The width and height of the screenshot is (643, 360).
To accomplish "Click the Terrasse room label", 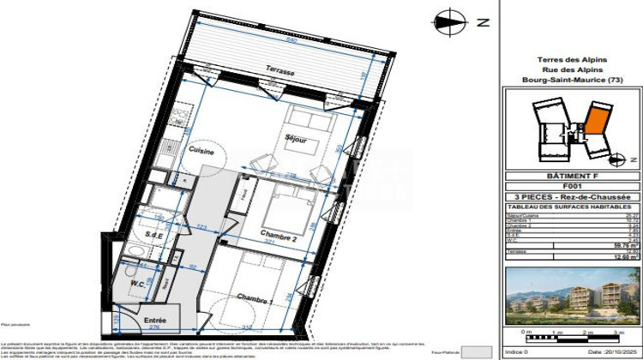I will point(281,74).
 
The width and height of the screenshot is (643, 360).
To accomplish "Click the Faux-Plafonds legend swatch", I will point(476,351).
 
